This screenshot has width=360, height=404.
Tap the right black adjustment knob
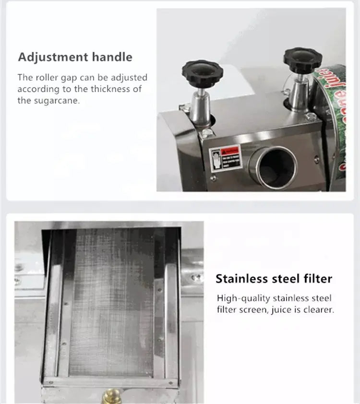(x=298, y=59)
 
